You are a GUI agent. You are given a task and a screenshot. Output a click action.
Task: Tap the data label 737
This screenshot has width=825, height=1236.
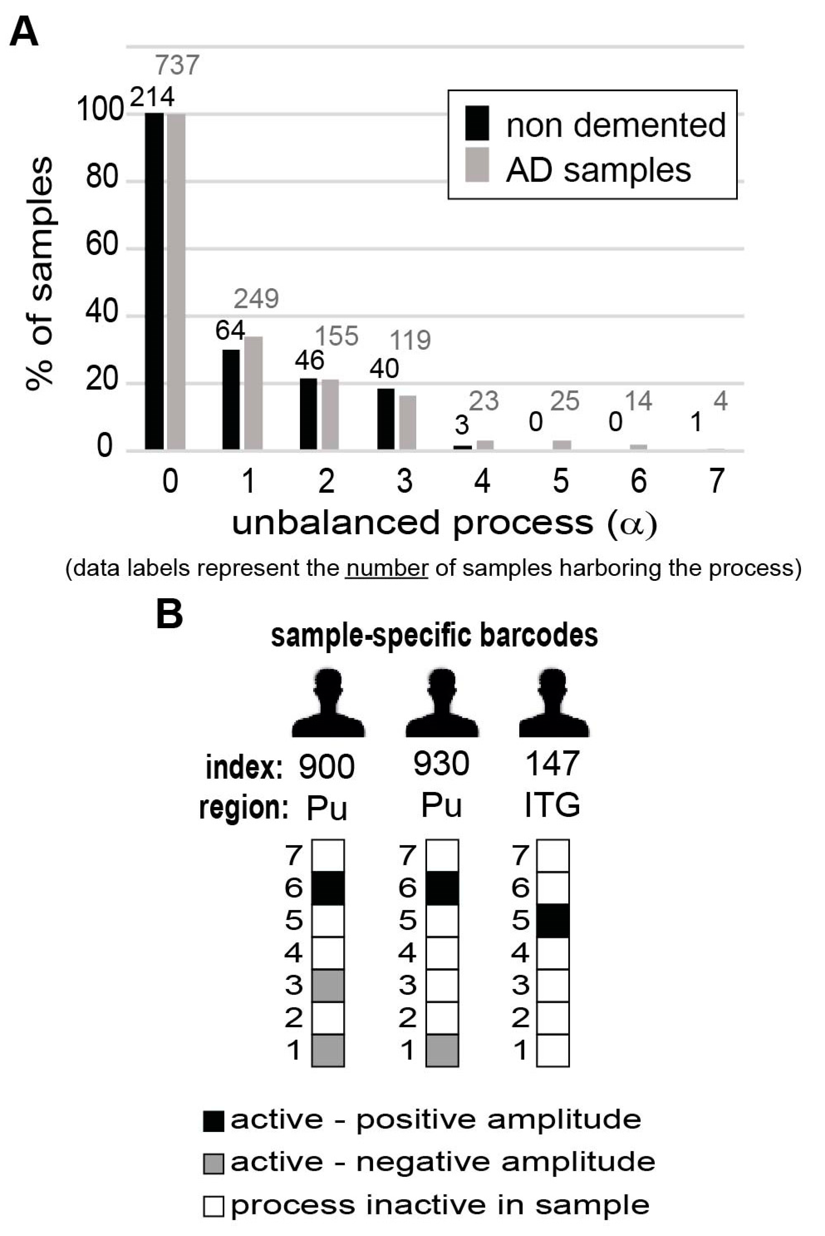click(177, 65)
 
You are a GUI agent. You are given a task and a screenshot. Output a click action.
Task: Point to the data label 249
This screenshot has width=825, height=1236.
click(256, 299)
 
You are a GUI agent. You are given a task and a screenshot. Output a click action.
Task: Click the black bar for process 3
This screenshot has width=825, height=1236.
click(385, 419)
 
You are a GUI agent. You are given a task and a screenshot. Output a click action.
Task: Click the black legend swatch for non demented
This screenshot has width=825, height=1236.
click(477, 123)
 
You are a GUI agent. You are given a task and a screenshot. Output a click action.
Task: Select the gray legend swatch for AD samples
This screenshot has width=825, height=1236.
click(477, 165)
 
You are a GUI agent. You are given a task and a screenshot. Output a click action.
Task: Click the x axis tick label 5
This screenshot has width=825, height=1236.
click(560, 480)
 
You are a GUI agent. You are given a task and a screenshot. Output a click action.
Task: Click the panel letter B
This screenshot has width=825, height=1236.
click(169, 614)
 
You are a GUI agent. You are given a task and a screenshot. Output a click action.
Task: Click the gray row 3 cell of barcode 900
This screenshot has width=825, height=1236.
click(328, 985)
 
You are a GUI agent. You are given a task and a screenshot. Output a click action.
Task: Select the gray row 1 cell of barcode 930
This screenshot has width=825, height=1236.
click(442, 1050)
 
